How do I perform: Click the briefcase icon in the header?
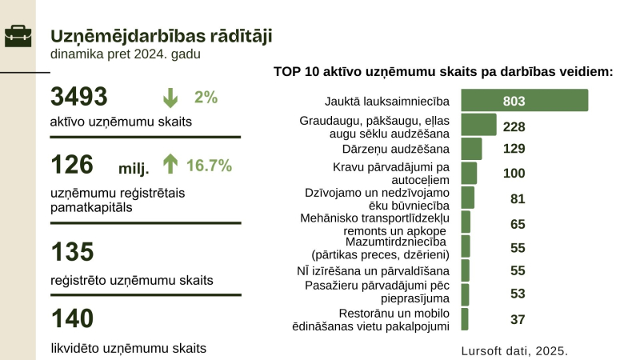click(x=18, y=36)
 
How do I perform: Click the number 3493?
click(x=78, y=97)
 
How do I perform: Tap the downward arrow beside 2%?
click(x=170, y=98)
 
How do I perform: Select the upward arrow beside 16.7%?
click(x=170, y=166)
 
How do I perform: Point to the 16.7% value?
click(x=209, y=166)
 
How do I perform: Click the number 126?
click(x=73, y=166)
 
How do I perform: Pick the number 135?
click(x=73, y=252)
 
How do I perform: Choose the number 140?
click(x=73, y=318)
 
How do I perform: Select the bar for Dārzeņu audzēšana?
click(x=471, y=149)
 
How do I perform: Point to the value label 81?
click(x=518, y=198)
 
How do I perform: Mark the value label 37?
click(x=518, y=319)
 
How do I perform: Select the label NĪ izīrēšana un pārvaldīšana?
click(x=374, y=271)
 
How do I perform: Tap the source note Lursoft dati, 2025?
click(x=514, y=350)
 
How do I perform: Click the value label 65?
click(x=518, y=224)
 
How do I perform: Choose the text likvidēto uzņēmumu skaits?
click(x=128, y=348)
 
